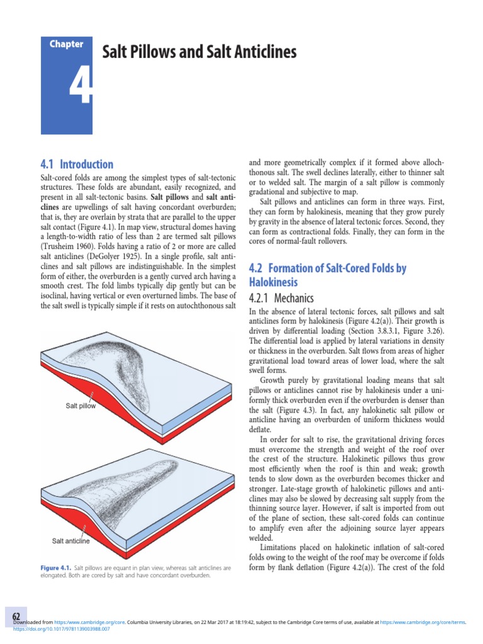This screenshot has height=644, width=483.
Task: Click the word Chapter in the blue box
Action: [x=67, y=44]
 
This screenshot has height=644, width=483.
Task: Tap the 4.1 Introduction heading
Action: [x=77, y=165]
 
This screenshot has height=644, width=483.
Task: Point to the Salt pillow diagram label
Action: [x=81, y=406]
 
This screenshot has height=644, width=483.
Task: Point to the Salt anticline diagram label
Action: [x=70, y=541]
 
